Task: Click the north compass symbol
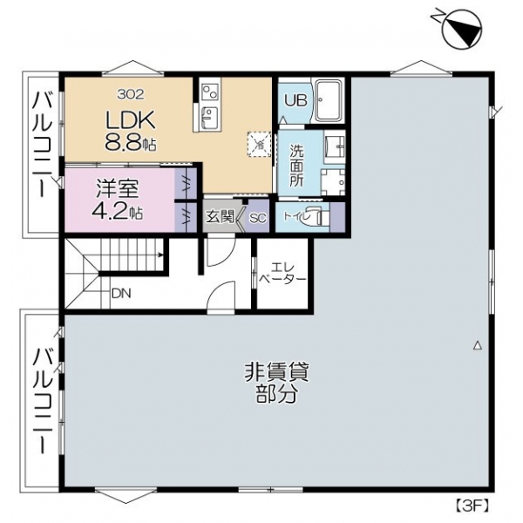pyautogui.click(x=461, y=29)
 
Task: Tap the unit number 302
pyautogui.click(x=131, y=94)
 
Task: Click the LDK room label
pyautogui.click(x=131, y=120)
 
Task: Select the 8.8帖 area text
pyautogui.click(x=131, y=143)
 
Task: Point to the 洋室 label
pyautogui.click(x=118, y=189)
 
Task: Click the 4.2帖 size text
pyautogui.click(x=118, y=211)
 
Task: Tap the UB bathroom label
pyautogui.click(x=295, y=100)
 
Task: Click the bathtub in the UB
pyautogui.click(x=329, y=100)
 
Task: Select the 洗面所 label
pyautogui.click(x=296, y=166)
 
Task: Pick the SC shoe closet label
pyautogui.click(x=258, y=218)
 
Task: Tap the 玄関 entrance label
pyautogui.click(x=220, y=217)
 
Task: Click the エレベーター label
pyautogui.click(x=282, y=273)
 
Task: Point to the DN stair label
pyautogui.click(x=121, y=294)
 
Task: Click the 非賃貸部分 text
pyautogui.click(x=277, y=384)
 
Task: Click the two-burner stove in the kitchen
pyautogui.click(x=210, y=91)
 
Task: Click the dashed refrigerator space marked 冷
pyautogui.click(x=259, y=144)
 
